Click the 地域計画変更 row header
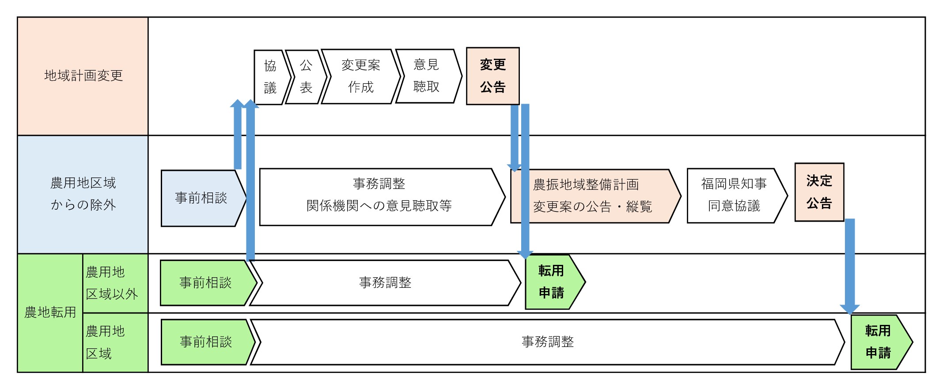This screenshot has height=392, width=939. point(83,76)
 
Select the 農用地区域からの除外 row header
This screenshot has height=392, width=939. point(83,194)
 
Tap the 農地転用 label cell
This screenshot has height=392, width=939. point(50,313)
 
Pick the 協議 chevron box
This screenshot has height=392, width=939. point(270,77)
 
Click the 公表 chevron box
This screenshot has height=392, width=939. point(306,77)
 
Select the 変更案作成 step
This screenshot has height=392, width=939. point(360,76)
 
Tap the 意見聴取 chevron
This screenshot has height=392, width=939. point(427,76)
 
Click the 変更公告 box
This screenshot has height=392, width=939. point(492,76)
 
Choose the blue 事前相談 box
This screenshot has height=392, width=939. point(201,198)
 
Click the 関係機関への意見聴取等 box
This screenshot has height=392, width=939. point(379,197)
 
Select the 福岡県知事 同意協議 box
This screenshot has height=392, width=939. point(734,195)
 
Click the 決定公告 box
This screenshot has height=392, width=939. point(819,192)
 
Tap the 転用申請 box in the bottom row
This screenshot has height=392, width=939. point(878,342)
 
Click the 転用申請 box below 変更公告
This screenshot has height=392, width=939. point(551,282)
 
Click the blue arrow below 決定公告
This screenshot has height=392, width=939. point(849,265)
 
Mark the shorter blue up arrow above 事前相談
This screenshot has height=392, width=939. point(238,135)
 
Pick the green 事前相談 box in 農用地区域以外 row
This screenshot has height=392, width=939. point(205,283)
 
